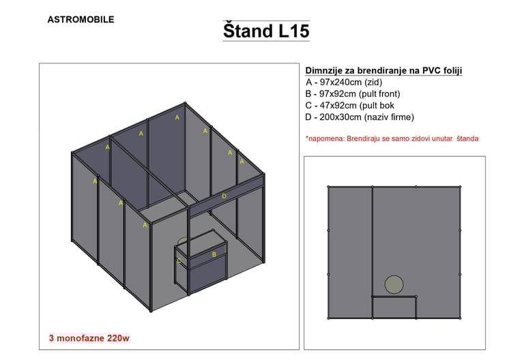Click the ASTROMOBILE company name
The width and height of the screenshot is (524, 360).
[81, 19]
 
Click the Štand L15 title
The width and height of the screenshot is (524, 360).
[266, 31]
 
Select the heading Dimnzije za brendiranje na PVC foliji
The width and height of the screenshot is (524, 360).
[383, 71]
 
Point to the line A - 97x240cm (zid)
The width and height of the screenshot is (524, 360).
[344, 82]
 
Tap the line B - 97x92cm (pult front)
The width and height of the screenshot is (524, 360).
[353, 94]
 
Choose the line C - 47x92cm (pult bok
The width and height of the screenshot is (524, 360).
[349, 106]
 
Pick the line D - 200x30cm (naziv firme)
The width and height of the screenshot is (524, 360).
[360, 117]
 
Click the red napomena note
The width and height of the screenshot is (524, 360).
[392, 138]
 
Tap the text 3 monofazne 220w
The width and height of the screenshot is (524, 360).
[89, 338]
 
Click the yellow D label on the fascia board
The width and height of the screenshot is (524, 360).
[224, 196]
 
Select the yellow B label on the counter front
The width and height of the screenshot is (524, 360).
[214, 254]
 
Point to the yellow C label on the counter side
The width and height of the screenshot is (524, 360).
[179, 261]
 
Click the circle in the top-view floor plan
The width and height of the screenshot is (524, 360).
[394, 285]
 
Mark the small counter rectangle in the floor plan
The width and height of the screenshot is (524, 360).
[394, 307]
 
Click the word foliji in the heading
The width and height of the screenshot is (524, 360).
[452, 71]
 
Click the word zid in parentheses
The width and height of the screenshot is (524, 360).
[373, 82]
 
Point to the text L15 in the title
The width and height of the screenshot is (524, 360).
[294, 31]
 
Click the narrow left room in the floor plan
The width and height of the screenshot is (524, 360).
[350, 252]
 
